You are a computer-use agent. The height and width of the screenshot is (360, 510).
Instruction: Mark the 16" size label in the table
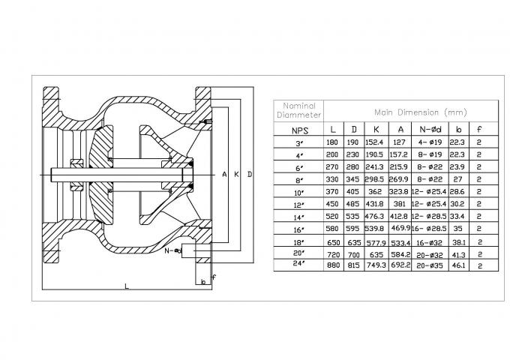click(x=299, y=228)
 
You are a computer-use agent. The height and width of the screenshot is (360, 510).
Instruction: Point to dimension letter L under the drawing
click(x=126, y=286)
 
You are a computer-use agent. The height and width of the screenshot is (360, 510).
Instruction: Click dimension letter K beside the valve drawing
click(x=236, y=174)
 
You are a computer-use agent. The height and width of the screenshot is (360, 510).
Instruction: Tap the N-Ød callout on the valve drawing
click(x=173, y=250)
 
